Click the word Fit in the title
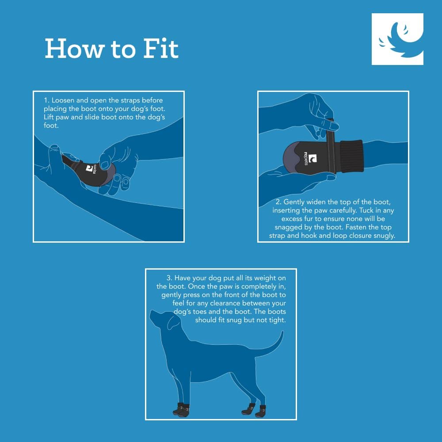(x=161, y=49)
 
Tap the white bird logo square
(x=397, y=39)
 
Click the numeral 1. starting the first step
(x=46, y=100)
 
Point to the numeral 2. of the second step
(x=278, y=202)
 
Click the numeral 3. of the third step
(x=169, y=278)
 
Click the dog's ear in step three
(x=174, y=321)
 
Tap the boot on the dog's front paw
(x=181, y=410)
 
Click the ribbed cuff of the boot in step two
(x=351, y=156)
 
